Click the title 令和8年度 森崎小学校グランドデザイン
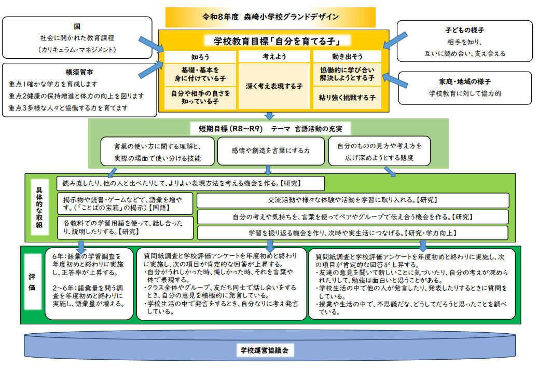click(270, 17)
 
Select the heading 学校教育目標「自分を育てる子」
click(273, 40)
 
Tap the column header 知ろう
click(200, 56)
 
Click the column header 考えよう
click(274, 56)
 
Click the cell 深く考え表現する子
click(274, 86)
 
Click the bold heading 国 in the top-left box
click(77, 26)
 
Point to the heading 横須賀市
click(79, 72)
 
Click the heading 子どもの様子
click(464, 30)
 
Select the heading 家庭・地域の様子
click(464, 81)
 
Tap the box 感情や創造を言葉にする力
click(271, 151)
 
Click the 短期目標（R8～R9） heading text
click(231, 128)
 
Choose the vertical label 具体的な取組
click(39, 207)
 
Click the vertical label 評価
click(32, 283)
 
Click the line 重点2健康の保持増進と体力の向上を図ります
click(76, 96)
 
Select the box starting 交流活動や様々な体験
click(353, 200)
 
